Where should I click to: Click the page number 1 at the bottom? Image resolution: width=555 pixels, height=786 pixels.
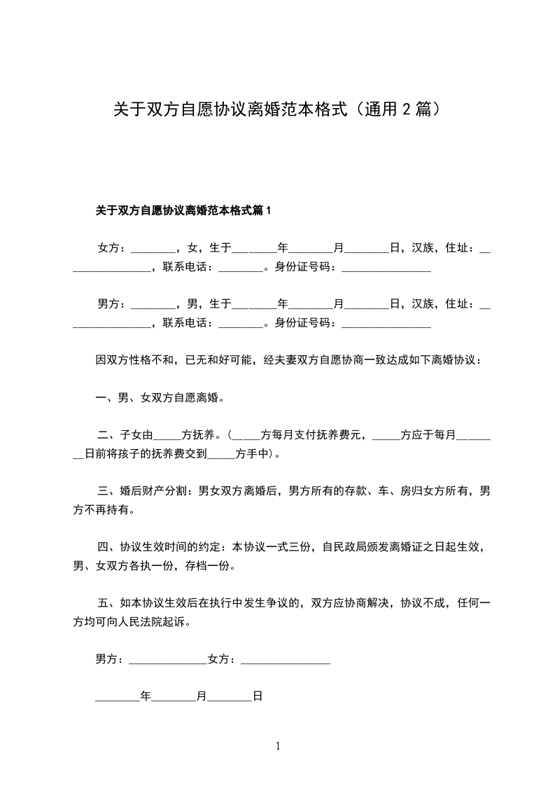pos(278,746)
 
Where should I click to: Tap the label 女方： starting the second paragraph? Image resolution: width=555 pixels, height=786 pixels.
pos(113,247)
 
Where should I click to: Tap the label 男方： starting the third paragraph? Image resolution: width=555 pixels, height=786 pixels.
pos(113,303)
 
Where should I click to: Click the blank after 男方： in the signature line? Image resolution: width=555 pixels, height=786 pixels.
pos(168,659)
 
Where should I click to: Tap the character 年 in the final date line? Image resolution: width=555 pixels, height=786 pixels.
pos(146,696)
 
